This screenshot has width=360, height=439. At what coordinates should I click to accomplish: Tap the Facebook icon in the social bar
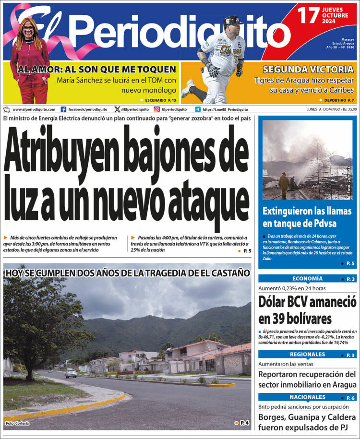point(63,109)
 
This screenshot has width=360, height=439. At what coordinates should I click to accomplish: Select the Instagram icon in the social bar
point(156,109)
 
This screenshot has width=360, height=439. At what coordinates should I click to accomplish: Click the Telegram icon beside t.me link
point(198,109)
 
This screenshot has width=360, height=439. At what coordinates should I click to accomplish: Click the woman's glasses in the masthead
point(28,28)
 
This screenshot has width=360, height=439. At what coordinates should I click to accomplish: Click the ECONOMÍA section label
point(307,279)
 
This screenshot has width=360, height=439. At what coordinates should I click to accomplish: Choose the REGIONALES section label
point(307,355)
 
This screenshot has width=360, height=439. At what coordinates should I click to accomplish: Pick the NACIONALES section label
point(307,397)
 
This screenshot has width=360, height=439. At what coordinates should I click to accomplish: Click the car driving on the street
point(71,373)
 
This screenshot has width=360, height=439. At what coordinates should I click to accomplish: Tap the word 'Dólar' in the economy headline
point(277,302)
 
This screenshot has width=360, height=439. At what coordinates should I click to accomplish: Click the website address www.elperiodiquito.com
point(33,109)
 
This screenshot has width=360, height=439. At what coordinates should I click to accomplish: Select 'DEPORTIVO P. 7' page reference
point(336,100)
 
